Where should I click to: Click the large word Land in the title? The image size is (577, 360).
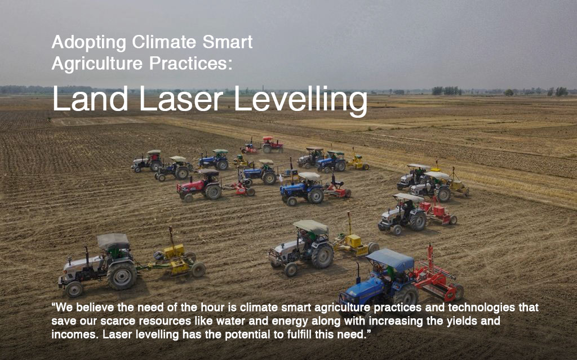click(90, 99)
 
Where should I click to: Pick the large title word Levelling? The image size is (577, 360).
click(301, 101)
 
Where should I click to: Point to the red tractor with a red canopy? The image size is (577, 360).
click(272, 145)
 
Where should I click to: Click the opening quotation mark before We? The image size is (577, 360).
click(54, 305)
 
